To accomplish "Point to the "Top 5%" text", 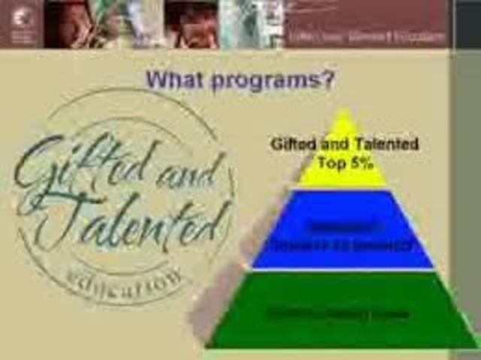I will point(345,162).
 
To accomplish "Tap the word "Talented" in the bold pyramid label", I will point(386,144).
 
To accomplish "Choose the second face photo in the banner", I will point(192,24).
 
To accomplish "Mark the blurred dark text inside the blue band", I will point(342,234).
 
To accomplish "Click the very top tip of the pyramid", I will point(344,110).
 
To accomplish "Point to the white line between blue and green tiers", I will point(343,269).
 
